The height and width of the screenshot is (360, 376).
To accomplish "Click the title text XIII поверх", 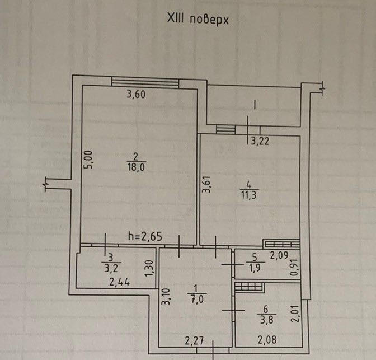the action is (x=198, y=19).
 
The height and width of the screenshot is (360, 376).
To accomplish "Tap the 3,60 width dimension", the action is (x=136, y=94).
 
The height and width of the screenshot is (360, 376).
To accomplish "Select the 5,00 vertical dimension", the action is (x=88, y=160).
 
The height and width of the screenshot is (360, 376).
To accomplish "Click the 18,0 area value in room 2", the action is (x=136, y=167).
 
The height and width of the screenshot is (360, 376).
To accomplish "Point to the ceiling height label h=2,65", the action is (x=145, y=237).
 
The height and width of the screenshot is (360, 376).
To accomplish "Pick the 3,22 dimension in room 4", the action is (x=260, y=141).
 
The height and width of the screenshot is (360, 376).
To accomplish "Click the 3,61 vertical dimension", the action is (x=206, y=184).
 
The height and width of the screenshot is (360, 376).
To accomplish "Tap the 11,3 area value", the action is (x=248, y=195).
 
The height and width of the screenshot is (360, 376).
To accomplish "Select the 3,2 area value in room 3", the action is (x=111, y=268).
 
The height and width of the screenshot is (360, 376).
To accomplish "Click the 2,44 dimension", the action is (x=119, y=282).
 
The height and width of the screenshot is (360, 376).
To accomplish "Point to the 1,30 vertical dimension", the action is (x=149, y=268).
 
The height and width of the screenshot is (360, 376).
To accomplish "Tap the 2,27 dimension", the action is (x=194, y=341).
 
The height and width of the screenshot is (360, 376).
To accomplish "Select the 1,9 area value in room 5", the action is (x=255, y=268).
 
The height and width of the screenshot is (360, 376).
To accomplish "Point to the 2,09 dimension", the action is (x=279, y=255).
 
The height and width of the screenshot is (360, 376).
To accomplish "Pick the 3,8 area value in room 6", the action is (x=266, y=320).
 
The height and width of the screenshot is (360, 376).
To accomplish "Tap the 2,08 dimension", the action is (x=267, y=340).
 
